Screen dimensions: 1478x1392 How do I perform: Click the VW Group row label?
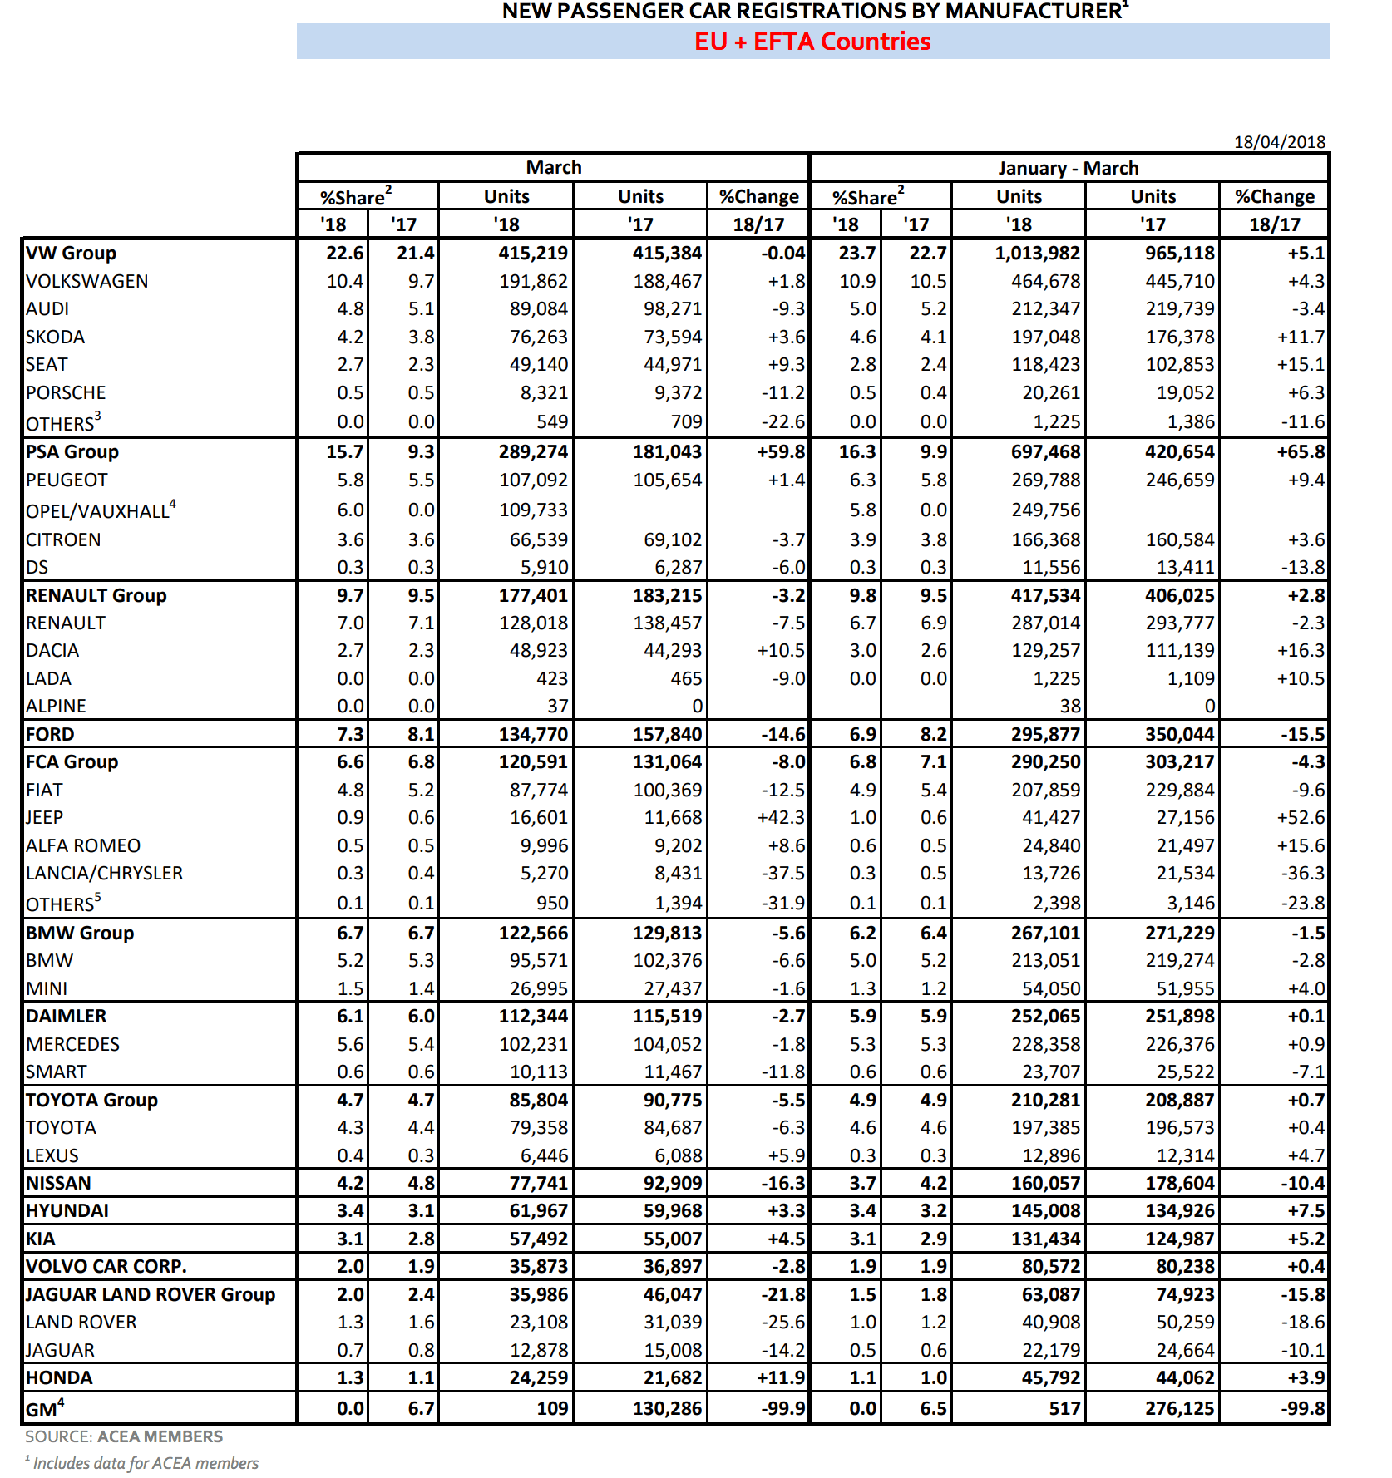pyautogui.click(x=71, y=253)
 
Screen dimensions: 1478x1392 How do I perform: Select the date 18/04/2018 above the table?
pyautogui.click(x=1279, y=142)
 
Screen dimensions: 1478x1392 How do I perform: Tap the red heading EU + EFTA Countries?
pyautogui.click(x=812, y=42)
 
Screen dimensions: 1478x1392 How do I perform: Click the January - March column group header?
pyautogui.click(x=1069, y=168)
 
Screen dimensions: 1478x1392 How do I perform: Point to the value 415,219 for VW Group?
pyautogui.click(x=533, y=253)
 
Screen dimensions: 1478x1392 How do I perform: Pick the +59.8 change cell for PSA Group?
pyautogui.click(x=781, y=451)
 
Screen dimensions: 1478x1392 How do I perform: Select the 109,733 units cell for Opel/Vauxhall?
pyautogui.click(x=533, y=510)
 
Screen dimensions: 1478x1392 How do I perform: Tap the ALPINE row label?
pyautogui.click(x=56, y=706)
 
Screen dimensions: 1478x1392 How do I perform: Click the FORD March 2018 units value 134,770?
pyautogui.click(x=533, y=734)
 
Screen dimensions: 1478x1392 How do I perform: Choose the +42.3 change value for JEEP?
pyautogui.click(x=781, y=817)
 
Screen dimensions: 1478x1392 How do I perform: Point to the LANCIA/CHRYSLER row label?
pyautogui.click(x=104, y=873)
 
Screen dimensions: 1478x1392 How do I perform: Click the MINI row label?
pyautogui.click(x=47, y=988)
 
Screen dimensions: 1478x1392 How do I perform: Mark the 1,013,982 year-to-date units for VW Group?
pyautogui.click(x=1037, y=253)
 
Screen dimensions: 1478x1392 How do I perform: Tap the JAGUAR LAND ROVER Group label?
pyautogui.click(x=151, y=1294)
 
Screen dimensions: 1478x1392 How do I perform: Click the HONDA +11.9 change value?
pyautogui.click(x=781, y=1377)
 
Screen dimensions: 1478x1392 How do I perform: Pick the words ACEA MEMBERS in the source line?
pyautogui.click(x=160, y=1436)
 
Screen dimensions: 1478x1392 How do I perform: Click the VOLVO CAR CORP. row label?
pyautogui.click(x=106, y=1266)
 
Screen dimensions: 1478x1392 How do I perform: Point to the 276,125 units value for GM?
pyautogui.click(x=1179, y=1408)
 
